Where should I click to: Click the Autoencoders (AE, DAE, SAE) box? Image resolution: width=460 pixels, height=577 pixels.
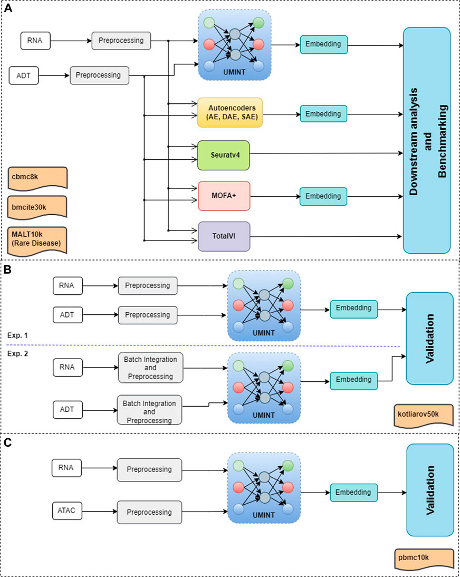pyautogui.click(x=230, y=112)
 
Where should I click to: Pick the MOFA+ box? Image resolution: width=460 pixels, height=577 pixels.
pyautogui.click(x=223, y=196)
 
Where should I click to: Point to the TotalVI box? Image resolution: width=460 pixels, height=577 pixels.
pyautogui.click(x=223, y=236)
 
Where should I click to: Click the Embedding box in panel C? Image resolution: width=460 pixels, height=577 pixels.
pyautogui.click(x=354, y=493)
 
